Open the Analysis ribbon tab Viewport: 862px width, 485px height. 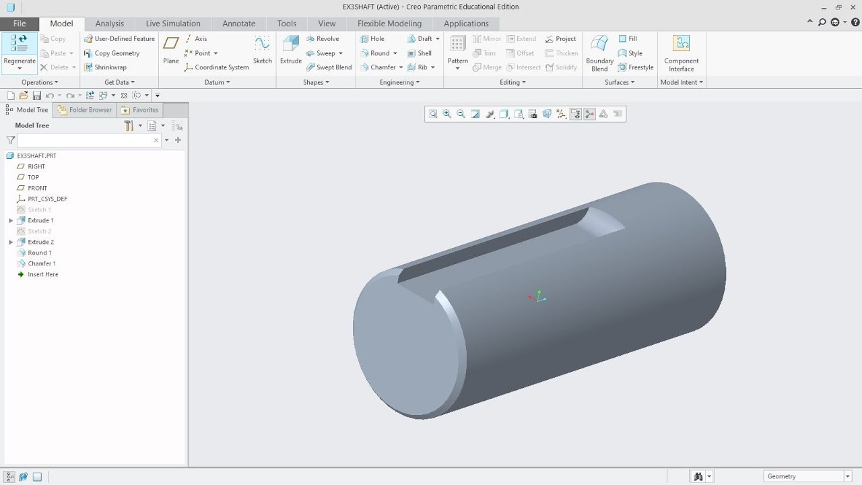tap(109, 24)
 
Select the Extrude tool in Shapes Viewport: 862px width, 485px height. tap(291, 48)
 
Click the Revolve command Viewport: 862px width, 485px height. tap(323, 39)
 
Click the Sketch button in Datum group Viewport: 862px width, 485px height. tap(262, 48)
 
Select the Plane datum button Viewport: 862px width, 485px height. tap(171, 48)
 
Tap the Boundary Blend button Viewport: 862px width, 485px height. tap(599, 53)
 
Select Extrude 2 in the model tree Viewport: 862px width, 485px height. tap(40, 242)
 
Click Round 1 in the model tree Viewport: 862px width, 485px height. tap(39, 253)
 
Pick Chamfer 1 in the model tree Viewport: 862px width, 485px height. tap(42, 263)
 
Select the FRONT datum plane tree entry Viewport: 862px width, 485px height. tap(37, 188)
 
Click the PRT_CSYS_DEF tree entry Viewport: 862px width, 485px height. tap(47, 199)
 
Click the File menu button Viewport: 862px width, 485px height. tap(20, 24)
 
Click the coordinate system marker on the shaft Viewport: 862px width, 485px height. tap(537, 297)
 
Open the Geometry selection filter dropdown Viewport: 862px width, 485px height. tap(808, 476)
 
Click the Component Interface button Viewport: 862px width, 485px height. tap(681, 53)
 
